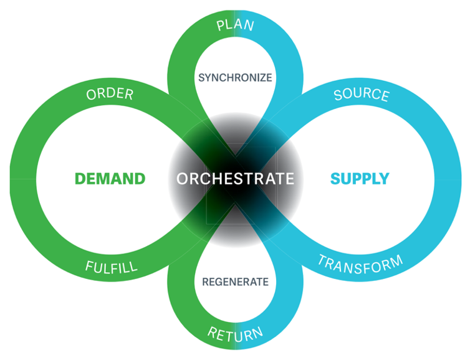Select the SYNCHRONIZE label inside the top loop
click(x=235, y=78)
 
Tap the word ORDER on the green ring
click(x=110, y=95)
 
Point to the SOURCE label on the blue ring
click(x=361, y=95)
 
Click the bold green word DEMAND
click(x=110, y=179)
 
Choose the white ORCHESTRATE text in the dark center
click(x=235, y=179)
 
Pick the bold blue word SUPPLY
click(x=360, y=179)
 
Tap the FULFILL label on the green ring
click(x=111, y=267)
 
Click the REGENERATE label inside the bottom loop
click(x=235, y=282)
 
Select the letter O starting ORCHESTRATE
click(x=182, y=179)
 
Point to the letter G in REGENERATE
click(x=216, y=282)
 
